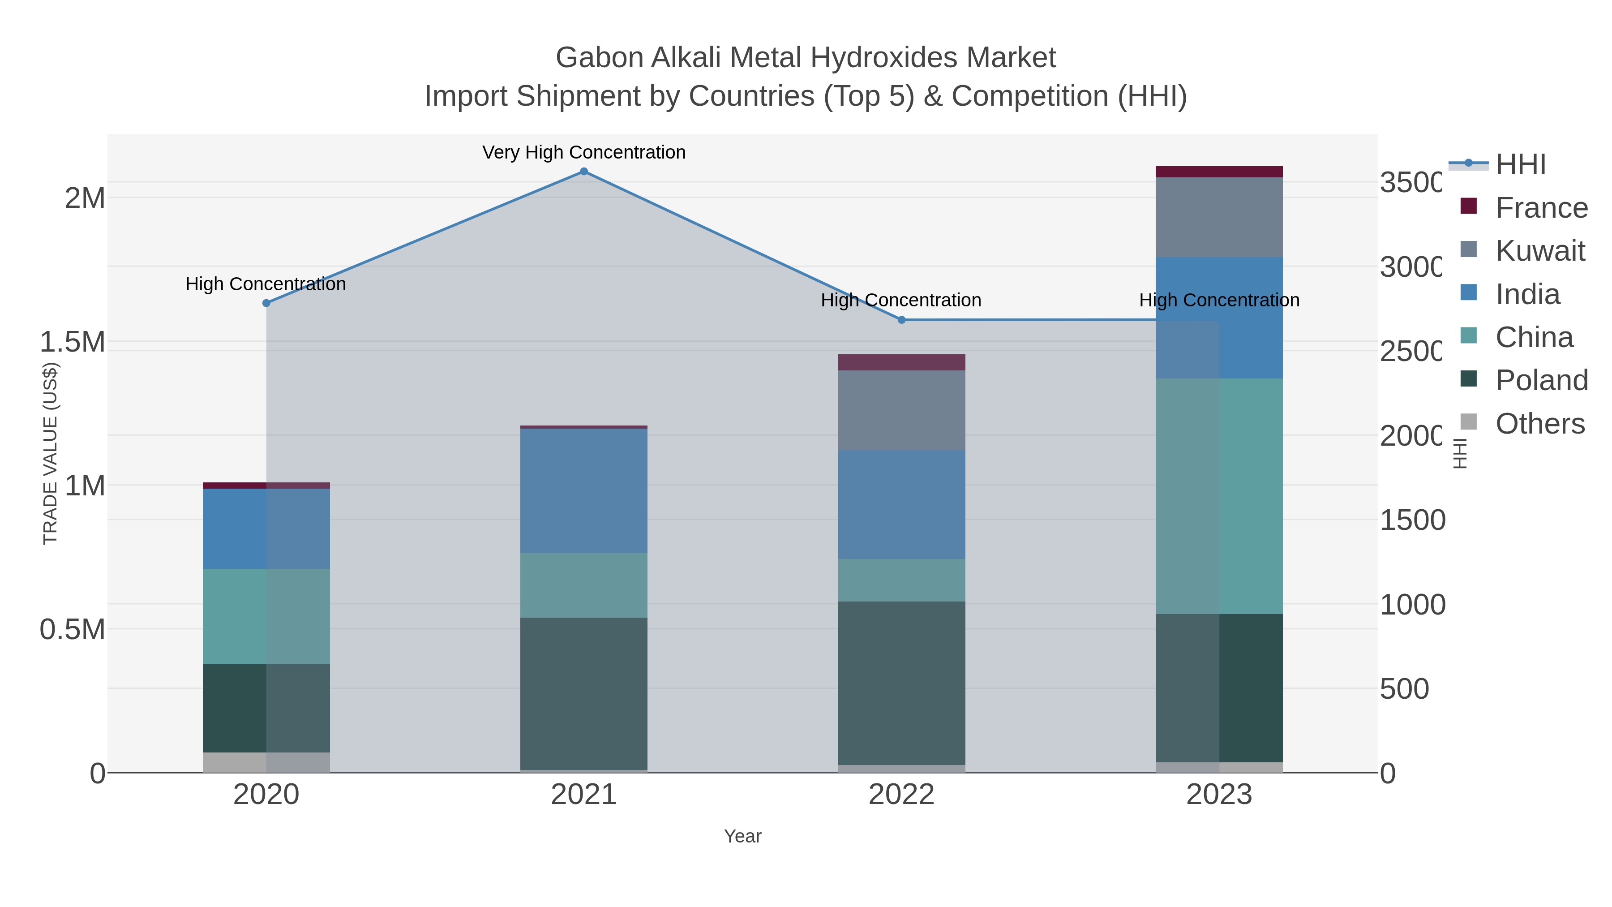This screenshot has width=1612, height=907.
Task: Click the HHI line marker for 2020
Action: click(266, 303)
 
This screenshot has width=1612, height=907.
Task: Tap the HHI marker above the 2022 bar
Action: click(901, 320)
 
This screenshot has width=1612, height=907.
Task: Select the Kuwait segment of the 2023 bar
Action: click(1218, 217)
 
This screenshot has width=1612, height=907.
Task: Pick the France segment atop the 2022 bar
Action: click(901, 362)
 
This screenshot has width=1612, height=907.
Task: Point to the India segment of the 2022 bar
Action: click(901, 504)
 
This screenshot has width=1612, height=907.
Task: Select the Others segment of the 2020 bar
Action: click(266, 762)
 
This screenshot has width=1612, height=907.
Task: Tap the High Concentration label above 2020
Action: click(266, 284)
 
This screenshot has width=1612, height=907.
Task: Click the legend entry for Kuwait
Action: click(1539, 251)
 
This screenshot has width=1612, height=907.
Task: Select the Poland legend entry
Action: click(1541, 381)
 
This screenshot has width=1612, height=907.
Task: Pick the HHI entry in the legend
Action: click(1520, 165)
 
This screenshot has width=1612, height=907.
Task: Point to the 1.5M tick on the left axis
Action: click(72, 342)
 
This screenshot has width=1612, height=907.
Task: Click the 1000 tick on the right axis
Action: click(1412, 605)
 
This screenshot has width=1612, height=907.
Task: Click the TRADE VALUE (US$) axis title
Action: click(50, 454)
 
